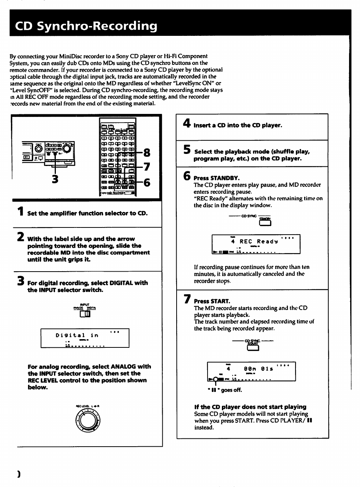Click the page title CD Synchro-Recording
tap(86, 26)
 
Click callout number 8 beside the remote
tap(147, 153)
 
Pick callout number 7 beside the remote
tap(147, 166)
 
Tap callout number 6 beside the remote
tap(147, 183)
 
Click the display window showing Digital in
tap(85, 338)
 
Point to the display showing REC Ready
tap(256, 244)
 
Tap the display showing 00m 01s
tap(251, 372)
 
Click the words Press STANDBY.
tap(217, 178)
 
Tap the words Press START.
tap(212, 301)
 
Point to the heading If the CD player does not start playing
tap(250, 407)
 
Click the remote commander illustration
tap(117, 157)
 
